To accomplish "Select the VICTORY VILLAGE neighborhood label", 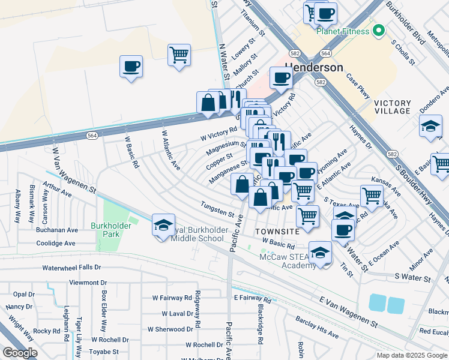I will click(x=393, y=107).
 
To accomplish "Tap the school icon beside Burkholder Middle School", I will click(x=163, y=226).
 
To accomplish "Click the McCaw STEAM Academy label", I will click(x=286, y=262).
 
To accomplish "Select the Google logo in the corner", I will click(x=20, y=353).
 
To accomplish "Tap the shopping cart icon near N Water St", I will click(x=179, y=55).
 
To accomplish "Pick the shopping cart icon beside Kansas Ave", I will click(x=372, y=196).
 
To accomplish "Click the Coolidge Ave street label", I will click(x=55, y=244).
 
